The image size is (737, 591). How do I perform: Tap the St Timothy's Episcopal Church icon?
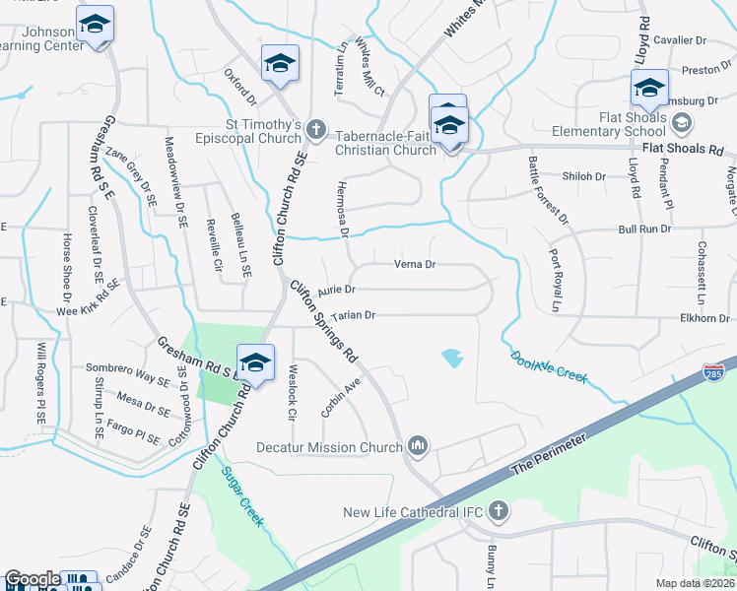coord(315,128)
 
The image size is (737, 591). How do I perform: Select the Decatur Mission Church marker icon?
coord(418,447)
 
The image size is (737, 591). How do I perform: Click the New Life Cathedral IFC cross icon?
coord(500,511)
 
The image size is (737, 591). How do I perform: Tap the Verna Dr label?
coord(415,264)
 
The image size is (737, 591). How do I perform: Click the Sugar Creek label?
coord(242,497)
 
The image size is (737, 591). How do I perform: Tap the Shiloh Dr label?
coord(582,176)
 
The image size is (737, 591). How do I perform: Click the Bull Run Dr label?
coord(643,229)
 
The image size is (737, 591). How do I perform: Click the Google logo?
coord(33,579)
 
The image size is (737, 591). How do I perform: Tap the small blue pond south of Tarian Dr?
coord(452,357)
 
